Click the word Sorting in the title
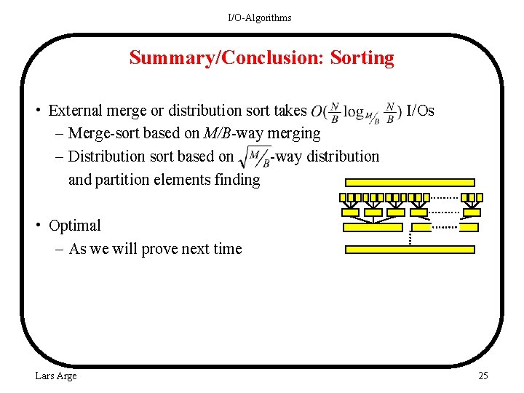click(x=362, y=58)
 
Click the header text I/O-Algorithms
click(x=260, y=17)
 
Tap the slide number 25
click(x=483, y=376)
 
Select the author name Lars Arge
click(x=56, y=376)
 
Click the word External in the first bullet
click(x=75, y=111)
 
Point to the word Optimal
click(x=74, y=226)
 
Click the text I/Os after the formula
click(x=420, y=111)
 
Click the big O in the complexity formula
click(x=317, y=111)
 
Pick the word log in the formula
click(x=353, y=111)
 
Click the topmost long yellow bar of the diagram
click(x=408, y=183)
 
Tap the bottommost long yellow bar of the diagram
click(x=410, y=249)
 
